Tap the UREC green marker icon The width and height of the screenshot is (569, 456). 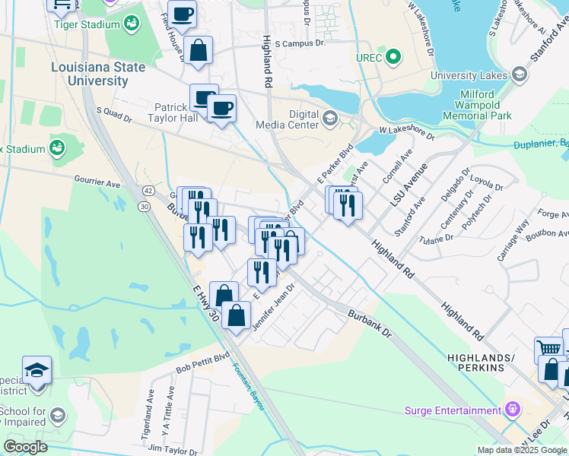click(x=393, y=56)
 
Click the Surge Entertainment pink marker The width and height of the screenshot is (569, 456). click(x=513, y=409)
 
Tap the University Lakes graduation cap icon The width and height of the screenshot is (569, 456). click(x=520, y=73)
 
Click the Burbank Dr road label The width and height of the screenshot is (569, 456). click(x=369, y=323)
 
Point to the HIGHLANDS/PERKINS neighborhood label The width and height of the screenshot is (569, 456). click(x=475, y=363)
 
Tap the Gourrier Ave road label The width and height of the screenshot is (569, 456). click(x=97, y=184)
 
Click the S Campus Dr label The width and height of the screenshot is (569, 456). click(x=300, y=44)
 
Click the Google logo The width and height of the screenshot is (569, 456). click(x=26, y=446)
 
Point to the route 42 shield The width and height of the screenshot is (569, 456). click(x=148, y=190)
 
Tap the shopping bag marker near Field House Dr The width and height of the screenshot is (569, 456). click(x=198, y=51)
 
